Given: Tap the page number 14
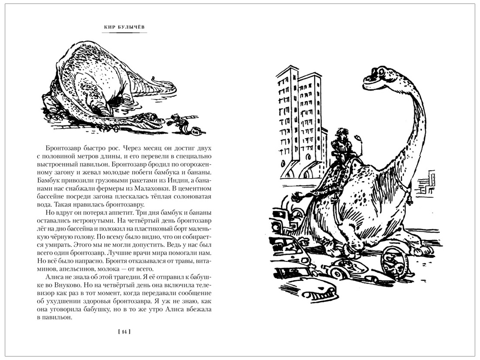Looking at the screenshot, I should (x=124, y=332).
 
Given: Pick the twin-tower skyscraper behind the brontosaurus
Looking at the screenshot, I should (x=302, y=122).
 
